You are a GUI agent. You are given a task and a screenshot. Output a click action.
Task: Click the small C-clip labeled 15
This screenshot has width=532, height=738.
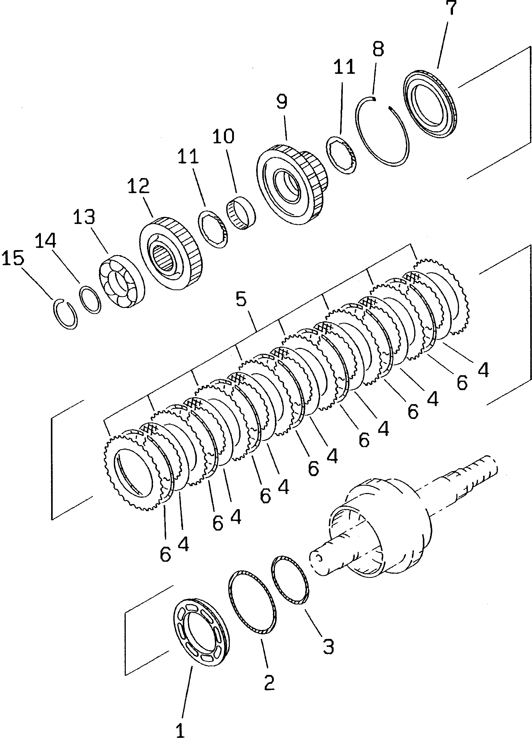click(65, 314)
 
